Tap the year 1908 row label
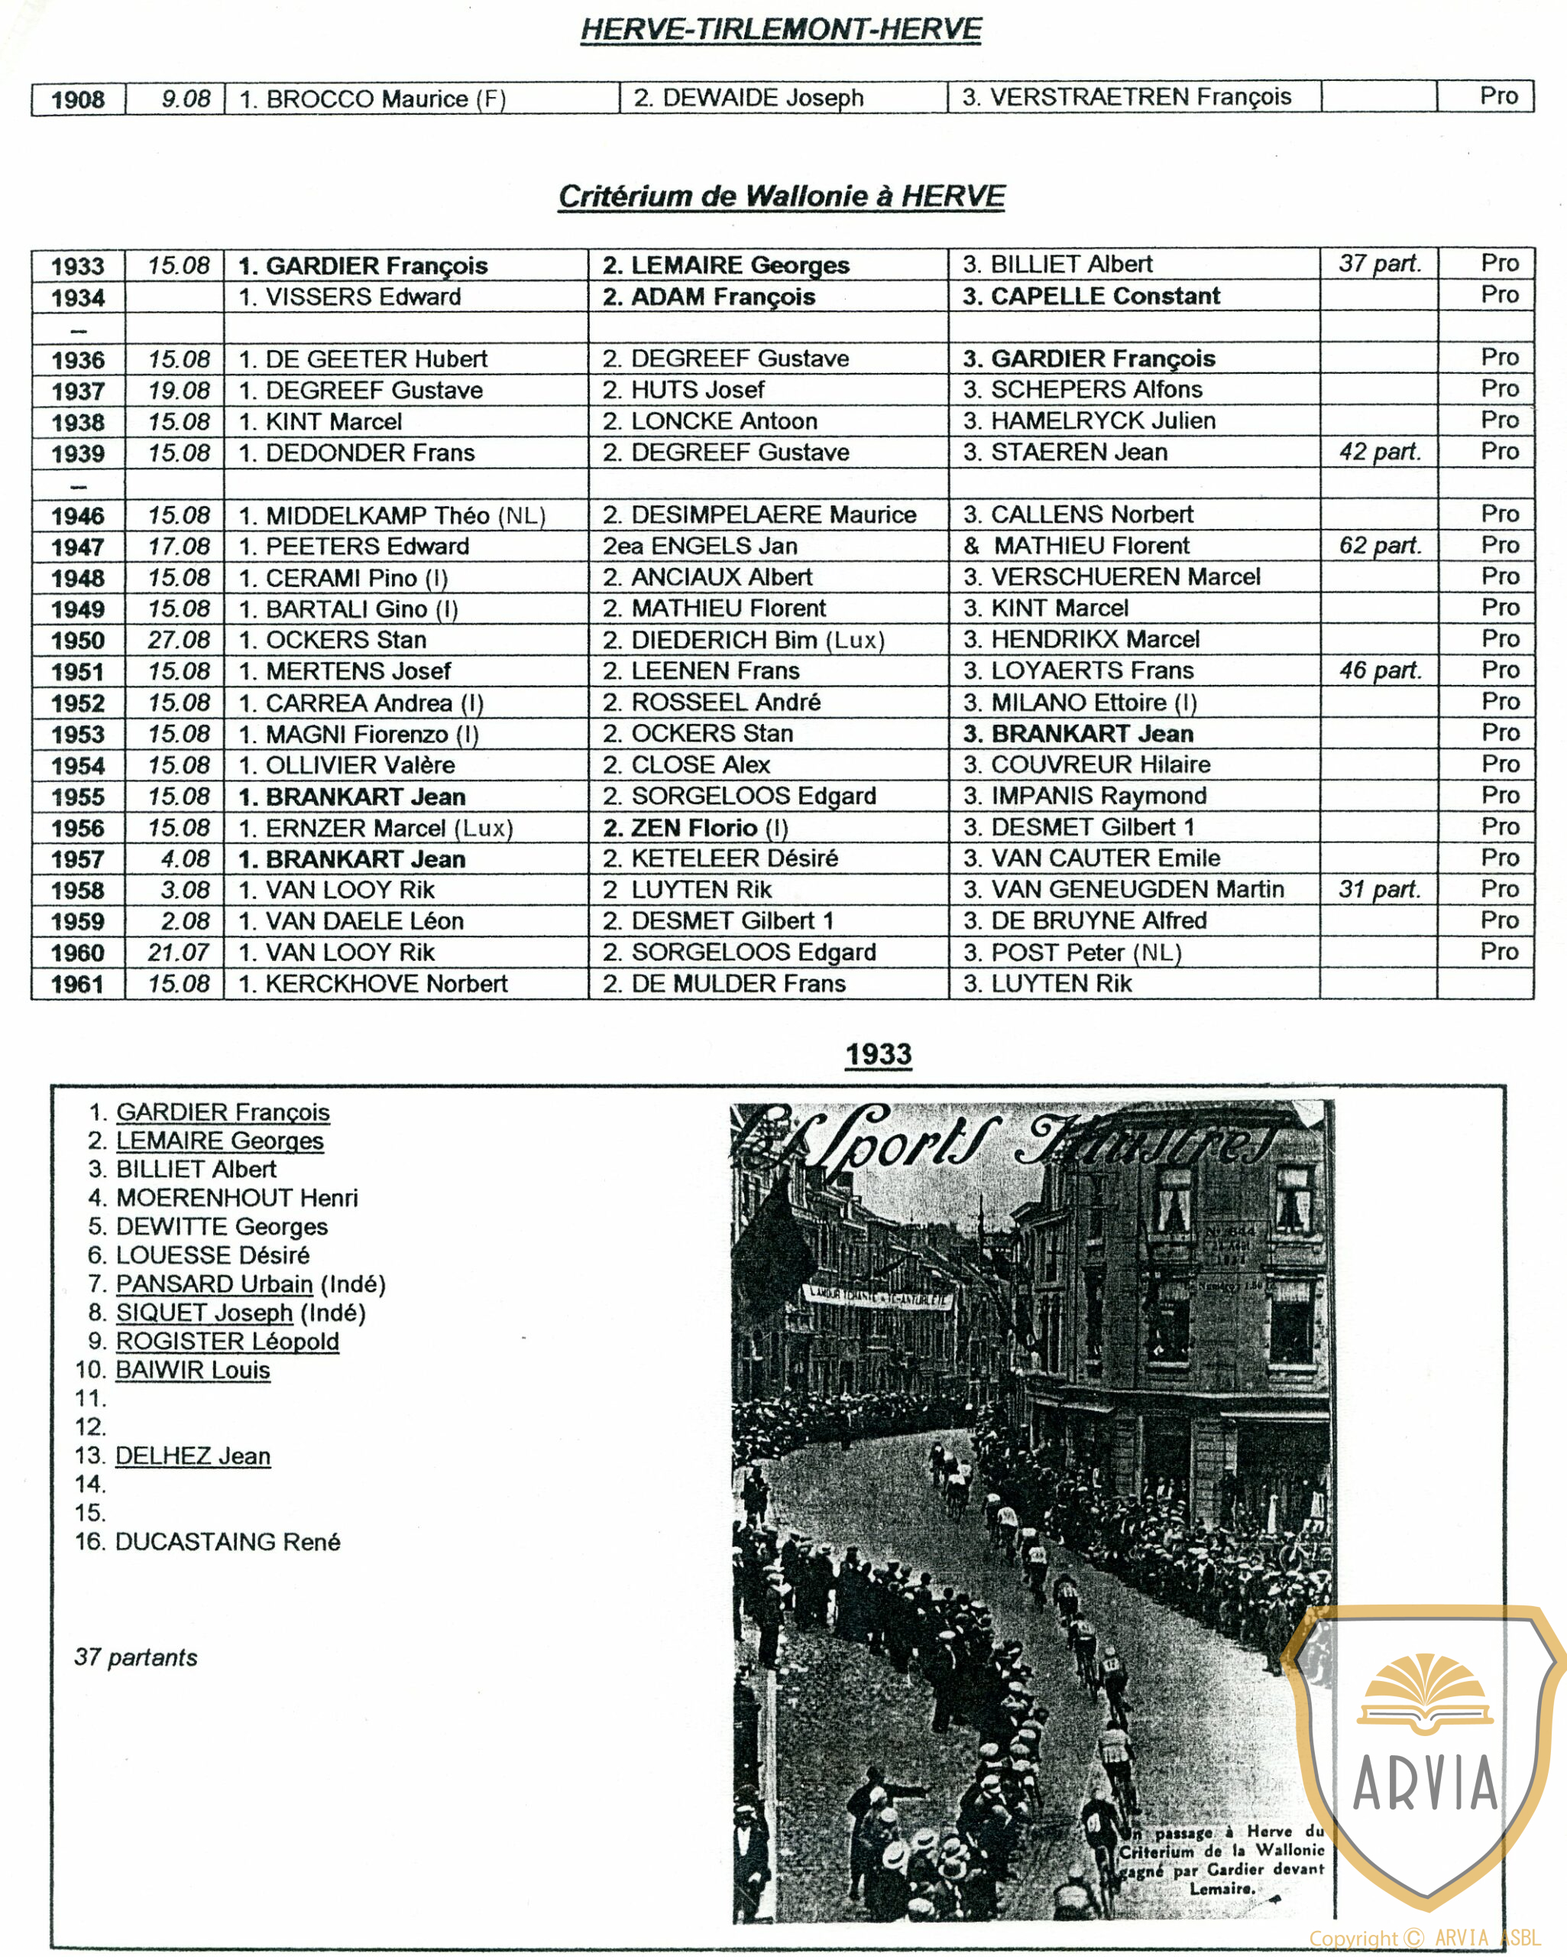[78, 99]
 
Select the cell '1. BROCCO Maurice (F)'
[372, 98]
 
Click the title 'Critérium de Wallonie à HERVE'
[782, 196]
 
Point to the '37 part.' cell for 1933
[1379, 265]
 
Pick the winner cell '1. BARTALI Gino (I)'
[348, 609]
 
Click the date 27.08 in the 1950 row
[179, 640]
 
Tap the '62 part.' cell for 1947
[1379, 546]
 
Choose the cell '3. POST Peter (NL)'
[1073, 953]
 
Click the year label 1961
[78, 984]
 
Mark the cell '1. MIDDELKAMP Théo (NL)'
[392, 515]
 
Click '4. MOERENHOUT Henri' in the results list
[223, 1198]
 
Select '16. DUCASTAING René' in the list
[208, 1541]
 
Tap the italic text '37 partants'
[136, 1657]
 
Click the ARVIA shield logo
[1425, 1752]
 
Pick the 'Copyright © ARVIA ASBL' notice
[1425, 1939]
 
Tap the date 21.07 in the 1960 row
[179, 953]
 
